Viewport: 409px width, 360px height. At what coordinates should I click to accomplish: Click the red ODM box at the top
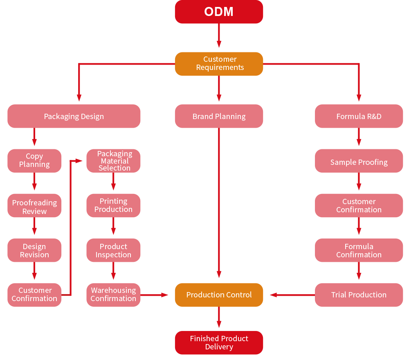click(x=219, y=11)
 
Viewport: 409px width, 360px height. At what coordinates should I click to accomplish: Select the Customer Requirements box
click(x=219, y=63)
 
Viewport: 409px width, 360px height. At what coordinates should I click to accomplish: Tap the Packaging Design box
click(x=74, y=116)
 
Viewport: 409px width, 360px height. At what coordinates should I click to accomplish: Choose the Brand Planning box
click(x=219, y=116)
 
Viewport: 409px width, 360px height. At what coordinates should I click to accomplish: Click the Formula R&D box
click(x=359, y=116)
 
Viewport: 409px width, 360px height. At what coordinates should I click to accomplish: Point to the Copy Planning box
click(x=34, y=160)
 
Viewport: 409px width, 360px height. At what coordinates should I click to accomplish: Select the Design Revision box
click(x=34, y=250)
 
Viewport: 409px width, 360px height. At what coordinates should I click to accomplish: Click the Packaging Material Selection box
click(x=113, y=160)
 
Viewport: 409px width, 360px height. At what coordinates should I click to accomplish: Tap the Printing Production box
click(x=113, y=205)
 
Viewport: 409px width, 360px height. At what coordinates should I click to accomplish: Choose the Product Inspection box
click(x=113, y=250)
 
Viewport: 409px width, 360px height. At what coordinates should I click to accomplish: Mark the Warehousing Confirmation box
click(x=113, y=295)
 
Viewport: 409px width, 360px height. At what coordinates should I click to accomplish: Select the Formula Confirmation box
click(x=359, y=250)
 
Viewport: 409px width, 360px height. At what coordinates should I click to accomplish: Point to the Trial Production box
click(x=359, y=295)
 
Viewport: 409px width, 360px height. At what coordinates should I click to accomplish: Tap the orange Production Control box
click(x=219, y=295)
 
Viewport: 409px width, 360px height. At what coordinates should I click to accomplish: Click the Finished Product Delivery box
click(x=219, y=342)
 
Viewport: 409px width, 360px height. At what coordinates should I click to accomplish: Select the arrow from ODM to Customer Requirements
click(x=219, y=36)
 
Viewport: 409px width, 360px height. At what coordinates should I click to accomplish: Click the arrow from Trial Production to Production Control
click(x=292, y=295)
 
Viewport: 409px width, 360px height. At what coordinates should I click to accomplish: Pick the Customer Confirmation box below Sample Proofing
click(x=359, y=205)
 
